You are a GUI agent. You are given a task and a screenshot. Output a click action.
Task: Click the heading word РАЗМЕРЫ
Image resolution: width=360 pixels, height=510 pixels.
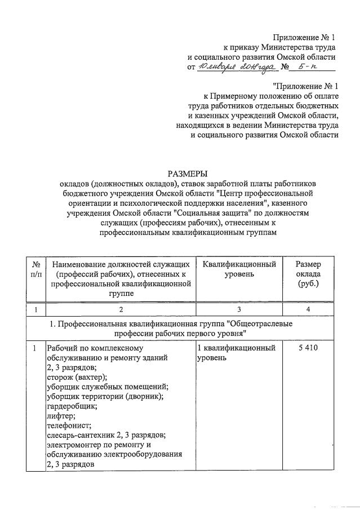[x=180, y=173]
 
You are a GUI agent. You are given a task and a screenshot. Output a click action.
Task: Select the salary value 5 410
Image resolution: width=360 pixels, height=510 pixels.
[x=309, y=348]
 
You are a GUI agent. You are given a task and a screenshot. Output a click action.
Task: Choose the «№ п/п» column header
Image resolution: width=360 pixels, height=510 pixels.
[x=37, y=269]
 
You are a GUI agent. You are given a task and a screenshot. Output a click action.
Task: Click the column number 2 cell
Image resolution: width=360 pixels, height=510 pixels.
[x=121, y=309]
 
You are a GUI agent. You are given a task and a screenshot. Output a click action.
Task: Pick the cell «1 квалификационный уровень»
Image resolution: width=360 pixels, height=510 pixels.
[x=236, y=353]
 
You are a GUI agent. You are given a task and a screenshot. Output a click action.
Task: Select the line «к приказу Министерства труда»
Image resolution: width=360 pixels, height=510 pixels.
[x=280, y=47]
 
